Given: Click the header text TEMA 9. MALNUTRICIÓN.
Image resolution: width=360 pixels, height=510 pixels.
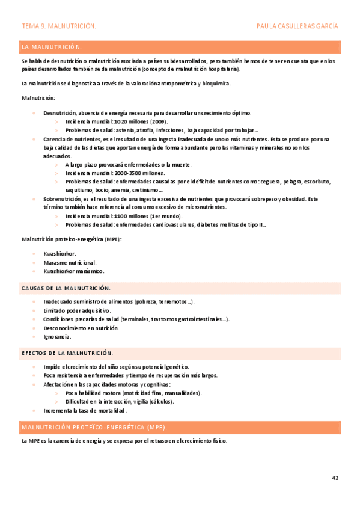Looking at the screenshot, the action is pos(59,26).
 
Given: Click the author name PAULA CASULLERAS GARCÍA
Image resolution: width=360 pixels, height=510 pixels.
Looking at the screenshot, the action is pos(297,26).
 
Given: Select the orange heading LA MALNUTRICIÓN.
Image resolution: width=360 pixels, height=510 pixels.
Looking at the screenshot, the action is pos(52,46).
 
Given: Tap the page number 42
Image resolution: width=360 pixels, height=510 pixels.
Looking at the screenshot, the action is pos(335,478).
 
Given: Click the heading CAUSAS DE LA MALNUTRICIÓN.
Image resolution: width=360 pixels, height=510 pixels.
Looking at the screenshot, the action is pos(66,289).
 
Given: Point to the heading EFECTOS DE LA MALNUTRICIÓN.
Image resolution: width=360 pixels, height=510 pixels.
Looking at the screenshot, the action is pos(67,353).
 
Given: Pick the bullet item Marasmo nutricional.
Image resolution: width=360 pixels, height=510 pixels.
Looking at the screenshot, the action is pos(70,263).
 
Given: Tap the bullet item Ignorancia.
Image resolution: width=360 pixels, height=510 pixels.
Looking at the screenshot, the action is pos(57,336).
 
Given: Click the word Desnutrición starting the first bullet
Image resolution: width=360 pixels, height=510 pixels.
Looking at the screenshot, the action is pos(59,113).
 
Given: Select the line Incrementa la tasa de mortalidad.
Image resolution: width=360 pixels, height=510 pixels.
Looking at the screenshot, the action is pos(85,410).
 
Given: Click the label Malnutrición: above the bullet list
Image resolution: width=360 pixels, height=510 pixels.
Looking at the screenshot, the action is pos(38,98).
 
